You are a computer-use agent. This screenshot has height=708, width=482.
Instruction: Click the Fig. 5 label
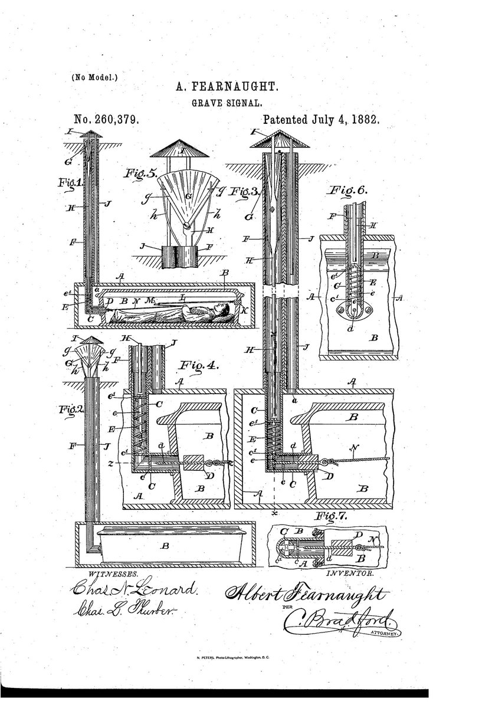[140, 175]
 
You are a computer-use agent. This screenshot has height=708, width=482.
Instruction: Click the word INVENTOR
[350, 573]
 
